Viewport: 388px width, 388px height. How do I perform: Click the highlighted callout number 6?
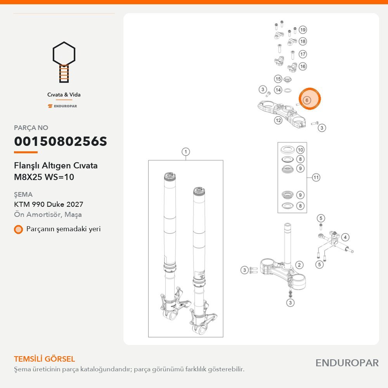307,100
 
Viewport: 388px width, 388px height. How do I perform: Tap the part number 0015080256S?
61,141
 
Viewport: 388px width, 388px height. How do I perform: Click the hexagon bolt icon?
64,62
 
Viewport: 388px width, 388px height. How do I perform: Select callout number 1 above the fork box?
185,152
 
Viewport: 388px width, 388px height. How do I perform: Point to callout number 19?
303,30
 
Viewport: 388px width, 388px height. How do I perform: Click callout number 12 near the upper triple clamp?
278,120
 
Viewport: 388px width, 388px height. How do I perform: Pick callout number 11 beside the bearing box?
316,177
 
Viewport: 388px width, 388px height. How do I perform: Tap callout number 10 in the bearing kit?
300,150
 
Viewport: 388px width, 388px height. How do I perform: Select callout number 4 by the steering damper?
345,237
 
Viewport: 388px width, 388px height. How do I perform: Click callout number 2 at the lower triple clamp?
299,265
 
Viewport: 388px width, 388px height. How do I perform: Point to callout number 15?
278,79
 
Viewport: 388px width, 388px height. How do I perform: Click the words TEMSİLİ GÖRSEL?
45,359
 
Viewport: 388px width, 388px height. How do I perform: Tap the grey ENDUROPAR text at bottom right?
347,363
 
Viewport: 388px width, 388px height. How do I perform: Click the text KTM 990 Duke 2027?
48,204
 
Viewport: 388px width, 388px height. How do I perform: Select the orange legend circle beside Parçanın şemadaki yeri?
18,229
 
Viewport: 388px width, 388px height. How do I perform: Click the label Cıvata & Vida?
64,95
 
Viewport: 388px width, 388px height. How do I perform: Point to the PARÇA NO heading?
31,128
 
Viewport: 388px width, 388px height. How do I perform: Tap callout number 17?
303,54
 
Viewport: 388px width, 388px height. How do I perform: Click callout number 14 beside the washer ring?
278,90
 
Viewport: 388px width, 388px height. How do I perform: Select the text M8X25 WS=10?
44,177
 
